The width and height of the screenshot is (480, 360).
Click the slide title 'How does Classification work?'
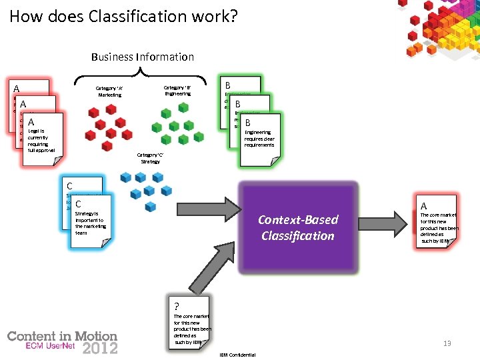point(123,16)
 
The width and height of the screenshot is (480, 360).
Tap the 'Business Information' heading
point(143,57)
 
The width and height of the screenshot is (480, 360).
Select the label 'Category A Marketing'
point(110,91)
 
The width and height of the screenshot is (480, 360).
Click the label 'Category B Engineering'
point(178,91)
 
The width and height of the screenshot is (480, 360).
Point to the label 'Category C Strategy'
point(150,158)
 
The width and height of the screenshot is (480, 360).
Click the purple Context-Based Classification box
point(297,227)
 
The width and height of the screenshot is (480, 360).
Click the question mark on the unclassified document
point(176,307)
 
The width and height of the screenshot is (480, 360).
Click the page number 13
point(447,343)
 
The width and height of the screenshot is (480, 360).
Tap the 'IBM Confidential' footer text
point(237,355)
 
